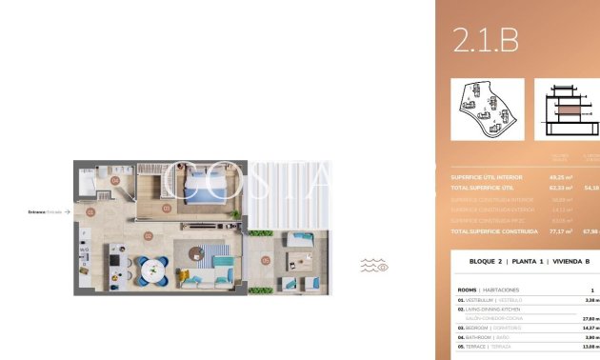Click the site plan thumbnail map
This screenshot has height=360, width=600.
pyautogui.click(x=487, y=109)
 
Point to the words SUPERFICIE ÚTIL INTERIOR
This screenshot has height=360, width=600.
pyautogui.click(x=484, y=176)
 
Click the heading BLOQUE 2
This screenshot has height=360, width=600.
pyautogui.click(x=488, y=261)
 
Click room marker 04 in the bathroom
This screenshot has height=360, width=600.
pyautogui.click(x=114, y=180)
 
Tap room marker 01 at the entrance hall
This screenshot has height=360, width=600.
pyautogui.click(x=90, y=212)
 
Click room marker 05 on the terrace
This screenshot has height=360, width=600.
pyautogui.click(x=266, y=260)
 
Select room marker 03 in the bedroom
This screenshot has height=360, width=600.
pyautogui.click(x=167, y=208)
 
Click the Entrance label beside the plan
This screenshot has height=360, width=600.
pyautogui.click(x=46, y=212)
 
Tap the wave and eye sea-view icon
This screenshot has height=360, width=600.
pyautogui.click(x=374, y=265)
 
